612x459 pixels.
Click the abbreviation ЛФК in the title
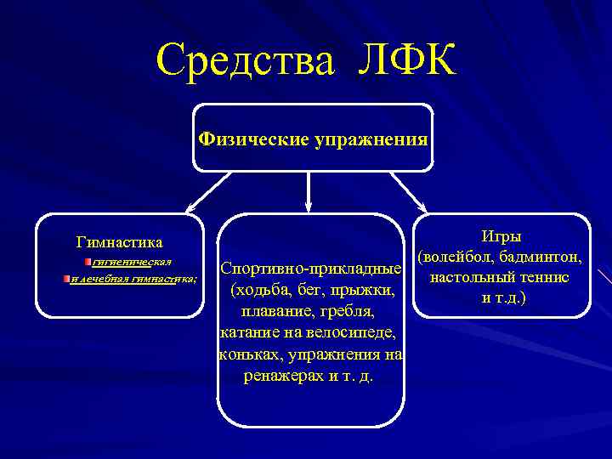click(x=404, y=61)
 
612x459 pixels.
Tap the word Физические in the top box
click(x=252, y=139)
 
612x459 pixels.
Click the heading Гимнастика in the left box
click(x=119, y=243)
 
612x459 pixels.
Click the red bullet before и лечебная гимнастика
click(x=66, y=278)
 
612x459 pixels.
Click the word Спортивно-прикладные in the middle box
click(x=310, y=269)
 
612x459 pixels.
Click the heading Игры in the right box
click(x=501, y=235)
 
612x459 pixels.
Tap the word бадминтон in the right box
click(x=540, y=257)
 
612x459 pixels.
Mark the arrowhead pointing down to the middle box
click(x=308, y=205)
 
